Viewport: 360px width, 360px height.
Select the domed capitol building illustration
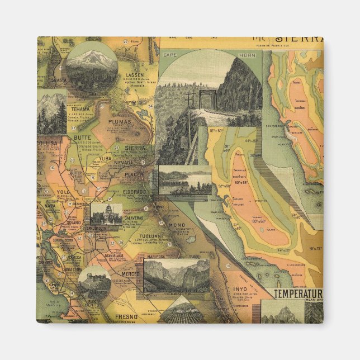tap(106, 214)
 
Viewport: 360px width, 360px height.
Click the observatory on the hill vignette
tap(94, 278)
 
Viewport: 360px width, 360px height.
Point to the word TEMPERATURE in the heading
tap(298, 293)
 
